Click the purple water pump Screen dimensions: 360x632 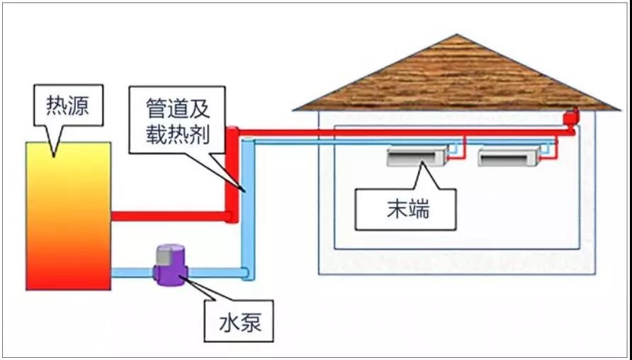(x=170, y=264)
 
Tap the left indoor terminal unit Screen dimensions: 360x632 (x=417, y=155)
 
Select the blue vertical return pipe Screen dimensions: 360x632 (x=246, y=206)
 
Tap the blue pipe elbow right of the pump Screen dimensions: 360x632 (x=245, y=272)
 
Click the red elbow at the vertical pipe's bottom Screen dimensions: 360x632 (x=231, y=215)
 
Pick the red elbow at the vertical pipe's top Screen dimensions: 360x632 (x=232, y=133)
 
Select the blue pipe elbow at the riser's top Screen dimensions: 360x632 (x=247, y=144)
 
